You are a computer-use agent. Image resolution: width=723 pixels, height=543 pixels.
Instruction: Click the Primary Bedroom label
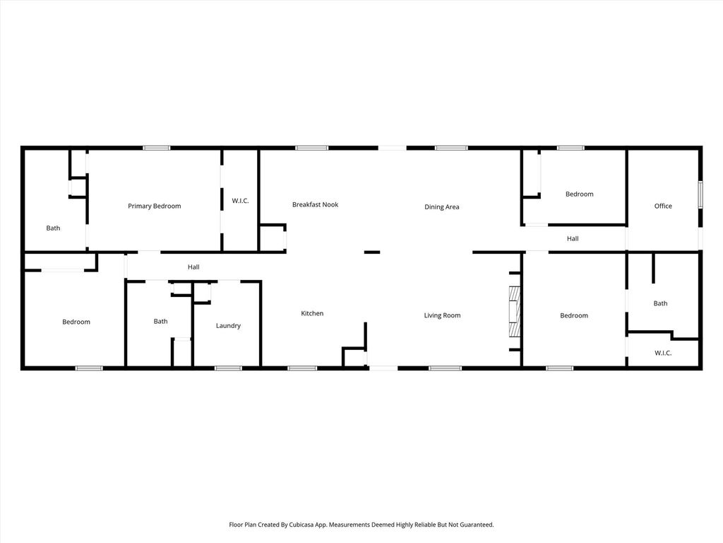155,206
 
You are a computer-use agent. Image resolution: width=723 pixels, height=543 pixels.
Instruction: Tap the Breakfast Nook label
316,204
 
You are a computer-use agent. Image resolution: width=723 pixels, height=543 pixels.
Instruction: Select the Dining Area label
442,207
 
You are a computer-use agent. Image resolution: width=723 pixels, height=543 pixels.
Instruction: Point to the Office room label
663,206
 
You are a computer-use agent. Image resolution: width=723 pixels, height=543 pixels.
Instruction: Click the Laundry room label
228,325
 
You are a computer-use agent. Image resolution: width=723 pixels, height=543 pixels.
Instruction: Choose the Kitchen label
312,313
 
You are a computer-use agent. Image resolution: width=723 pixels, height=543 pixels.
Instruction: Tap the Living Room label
442,315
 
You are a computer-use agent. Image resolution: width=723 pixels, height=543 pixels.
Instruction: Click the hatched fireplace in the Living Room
514,311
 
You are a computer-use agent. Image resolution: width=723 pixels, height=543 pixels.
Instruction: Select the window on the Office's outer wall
700,194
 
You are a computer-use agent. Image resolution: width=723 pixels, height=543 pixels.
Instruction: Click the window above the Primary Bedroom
156,148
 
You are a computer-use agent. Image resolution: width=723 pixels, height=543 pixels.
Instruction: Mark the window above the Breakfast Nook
311,148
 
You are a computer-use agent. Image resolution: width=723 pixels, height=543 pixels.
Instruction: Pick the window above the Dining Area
451,148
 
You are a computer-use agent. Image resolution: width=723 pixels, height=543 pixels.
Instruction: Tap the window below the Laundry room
228,368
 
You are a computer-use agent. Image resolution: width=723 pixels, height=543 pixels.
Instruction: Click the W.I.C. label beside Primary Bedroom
240,201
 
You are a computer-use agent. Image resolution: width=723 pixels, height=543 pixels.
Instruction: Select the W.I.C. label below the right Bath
663,353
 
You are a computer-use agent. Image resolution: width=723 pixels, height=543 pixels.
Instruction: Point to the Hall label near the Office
573,239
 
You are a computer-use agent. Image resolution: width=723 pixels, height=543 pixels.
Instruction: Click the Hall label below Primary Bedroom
193,267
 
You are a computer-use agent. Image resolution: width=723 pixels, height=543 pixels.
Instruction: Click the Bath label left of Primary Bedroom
53,228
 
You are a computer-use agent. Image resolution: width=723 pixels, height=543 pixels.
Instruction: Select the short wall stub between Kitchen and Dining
372,252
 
